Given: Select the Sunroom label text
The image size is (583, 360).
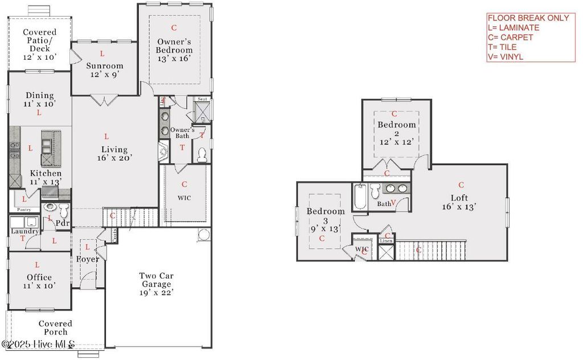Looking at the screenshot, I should (x=105, y=66).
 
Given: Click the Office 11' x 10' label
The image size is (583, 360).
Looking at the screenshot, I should (x=39, y=281).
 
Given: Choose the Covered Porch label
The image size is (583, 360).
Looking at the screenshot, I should (x=55, y=328).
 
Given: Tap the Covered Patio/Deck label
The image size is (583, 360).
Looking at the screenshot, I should (x=40, y=44).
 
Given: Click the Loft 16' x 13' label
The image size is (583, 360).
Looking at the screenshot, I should (x=459, y=202).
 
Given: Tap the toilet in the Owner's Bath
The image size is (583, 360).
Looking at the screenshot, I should (x=202, y=155).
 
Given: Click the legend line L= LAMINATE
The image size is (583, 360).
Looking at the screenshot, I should (x=513, y=27).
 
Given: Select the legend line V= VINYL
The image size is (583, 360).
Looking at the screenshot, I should (x=505, y=56).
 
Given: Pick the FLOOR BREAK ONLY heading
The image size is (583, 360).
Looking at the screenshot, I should (x=528, y=18).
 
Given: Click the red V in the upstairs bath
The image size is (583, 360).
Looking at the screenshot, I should (x=393, y=203).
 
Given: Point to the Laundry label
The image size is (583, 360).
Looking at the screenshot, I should (x=24, y=231).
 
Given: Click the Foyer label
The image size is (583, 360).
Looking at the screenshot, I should (x=88, y=259).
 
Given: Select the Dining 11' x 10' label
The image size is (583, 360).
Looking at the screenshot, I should (x=39, y=100).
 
